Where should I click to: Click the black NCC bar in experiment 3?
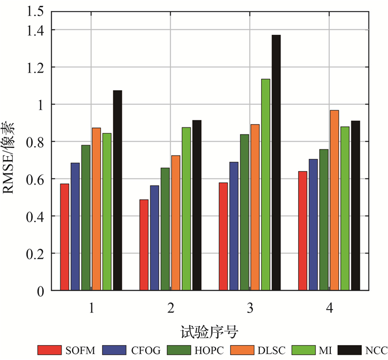click(276, 163)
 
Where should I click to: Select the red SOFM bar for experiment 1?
click(65, 237)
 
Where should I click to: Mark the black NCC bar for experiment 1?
click(118, 191)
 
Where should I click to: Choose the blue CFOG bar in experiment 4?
click(313, 225)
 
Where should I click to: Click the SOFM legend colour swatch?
click(49, 350)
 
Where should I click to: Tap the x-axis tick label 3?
click(250, 307)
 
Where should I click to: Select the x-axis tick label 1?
click(91, 307)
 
